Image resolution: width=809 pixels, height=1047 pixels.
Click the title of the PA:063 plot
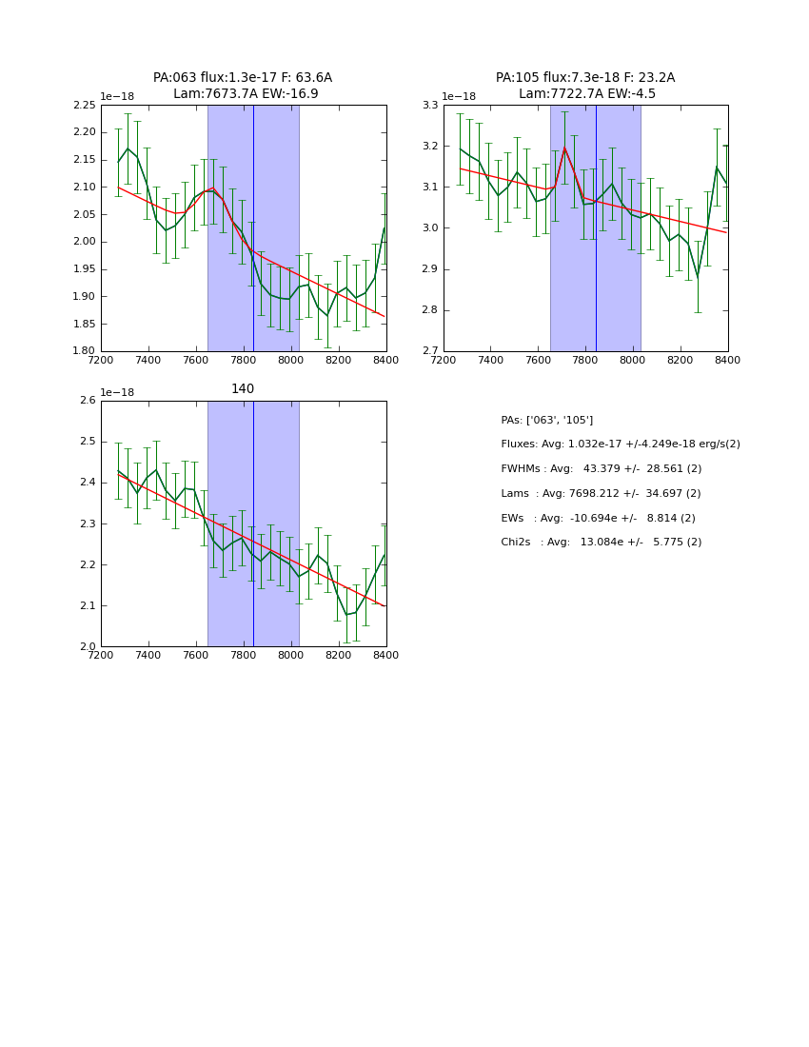(243, 86)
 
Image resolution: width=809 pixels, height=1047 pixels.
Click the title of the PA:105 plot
(585, 86)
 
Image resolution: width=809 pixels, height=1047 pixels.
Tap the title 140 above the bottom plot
(243, 389)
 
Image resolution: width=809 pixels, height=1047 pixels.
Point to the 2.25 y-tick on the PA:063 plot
(85, 105)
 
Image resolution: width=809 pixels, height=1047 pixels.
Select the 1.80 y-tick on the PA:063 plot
(85, 351)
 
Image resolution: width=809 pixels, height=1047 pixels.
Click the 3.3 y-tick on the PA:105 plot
(430, 105)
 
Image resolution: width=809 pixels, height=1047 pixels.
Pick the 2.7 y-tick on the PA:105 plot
(430, 351)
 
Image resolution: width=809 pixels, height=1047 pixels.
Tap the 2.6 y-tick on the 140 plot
(88, 401)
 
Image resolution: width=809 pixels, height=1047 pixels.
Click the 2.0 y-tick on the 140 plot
(88, 647)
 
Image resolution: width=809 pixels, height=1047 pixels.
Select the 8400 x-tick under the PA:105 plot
(727, 360)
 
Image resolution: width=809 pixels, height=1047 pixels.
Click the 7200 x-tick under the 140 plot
(101, 655)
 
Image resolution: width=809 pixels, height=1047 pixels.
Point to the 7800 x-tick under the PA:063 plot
(244, 360)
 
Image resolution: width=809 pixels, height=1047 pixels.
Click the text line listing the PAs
(546, 420)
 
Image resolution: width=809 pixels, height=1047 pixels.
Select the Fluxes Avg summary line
(620, 444)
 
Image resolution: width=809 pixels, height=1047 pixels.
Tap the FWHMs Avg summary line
(601, 469)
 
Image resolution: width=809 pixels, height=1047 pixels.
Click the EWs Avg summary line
(598, 518)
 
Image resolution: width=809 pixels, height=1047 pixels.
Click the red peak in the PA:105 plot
(564, 148)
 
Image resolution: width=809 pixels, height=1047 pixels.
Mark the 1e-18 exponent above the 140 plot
(117, 392)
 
